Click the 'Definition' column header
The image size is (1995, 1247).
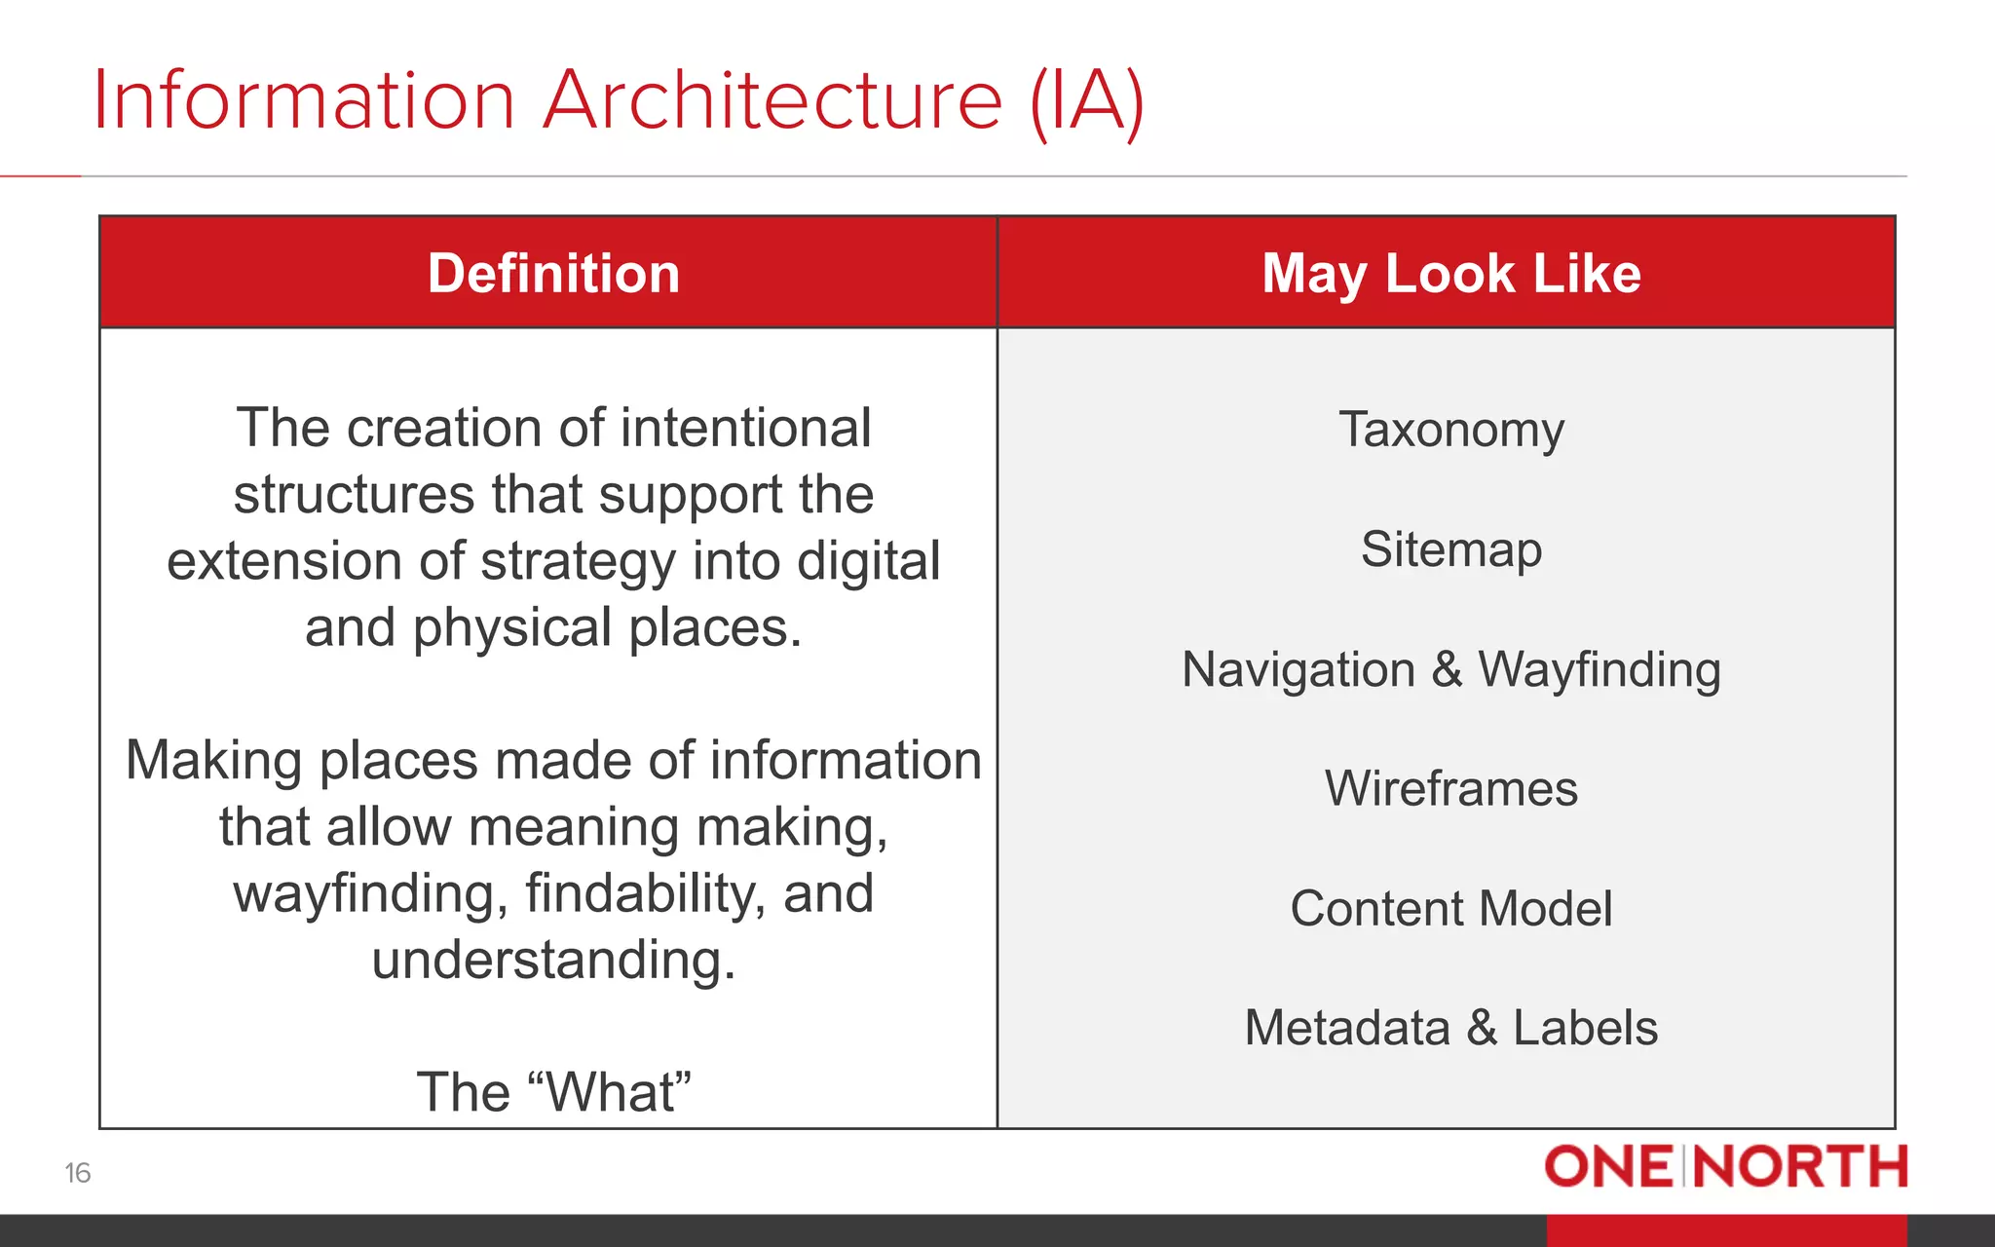553,273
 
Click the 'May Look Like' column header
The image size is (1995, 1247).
1450,273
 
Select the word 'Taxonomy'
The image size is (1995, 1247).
1450,430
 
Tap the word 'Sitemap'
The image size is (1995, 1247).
1450,549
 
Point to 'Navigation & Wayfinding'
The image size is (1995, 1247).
1450,669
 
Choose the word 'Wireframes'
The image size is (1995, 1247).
1450,788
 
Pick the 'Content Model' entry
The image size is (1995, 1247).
1450,908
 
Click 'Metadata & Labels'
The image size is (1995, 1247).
1450,1028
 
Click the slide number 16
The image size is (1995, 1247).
78,1173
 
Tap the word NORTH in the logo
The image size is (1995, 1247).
1800,1167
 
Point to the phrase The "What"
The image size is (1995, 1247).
553,1092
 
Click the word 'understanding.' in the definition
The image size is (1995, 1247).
553,961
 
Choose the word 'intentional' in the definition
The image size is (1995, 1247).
745,429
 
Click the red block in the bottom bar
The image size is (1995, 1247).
1726,1230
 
